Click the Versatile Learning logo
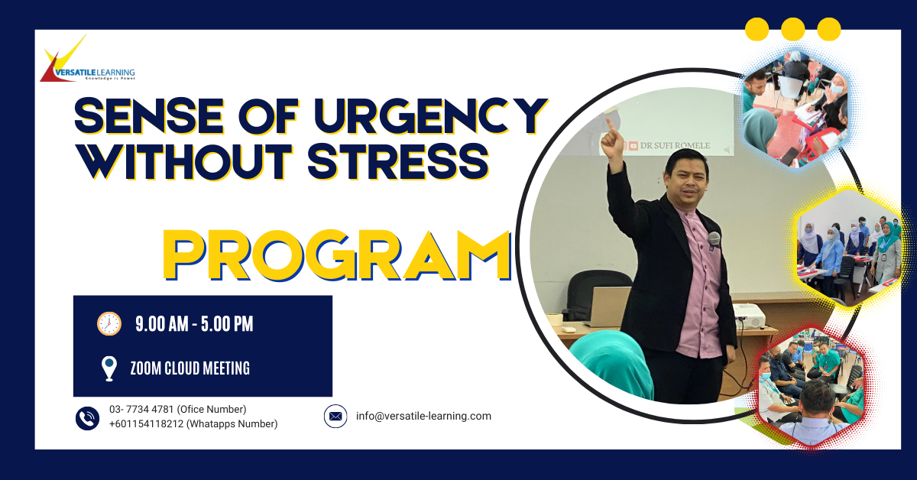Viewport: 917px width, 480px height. click(x=87, y=60)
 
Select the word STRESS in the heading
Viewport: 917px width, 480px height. click(x=398, y=161)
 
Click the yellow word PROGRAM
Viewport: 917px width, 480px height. click(x=337, y=255)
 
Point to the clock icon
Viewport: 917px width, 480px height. click(x=109, y=323)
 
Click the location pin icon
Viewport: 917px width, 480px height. click(x=109, y=368)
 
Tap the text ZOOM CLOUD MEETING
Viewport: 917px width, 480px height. click(x=190, y=368)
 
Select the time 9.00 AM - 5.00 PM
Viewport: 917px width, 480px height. click(x=194, y=323)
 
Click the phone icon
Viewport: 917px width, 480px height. click(x=87, y=418)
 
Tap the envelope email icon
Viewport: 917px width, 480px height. click(x=335, y=416)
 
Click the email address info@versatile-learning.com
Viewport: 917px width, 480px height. click(x=423, y=416)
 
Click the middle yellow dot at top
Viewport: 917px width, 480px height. click(x=793, y=29)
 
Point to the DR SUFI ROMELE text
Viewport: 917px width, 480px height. click(x=675, y=145)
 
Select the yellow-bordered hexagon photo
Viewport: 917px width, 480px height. click(x=850, y=248)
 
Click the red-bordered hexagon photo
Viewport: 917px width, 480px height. click(x=811, y=387)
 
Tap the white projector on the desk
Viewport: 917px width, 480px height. click(x=749, y=316)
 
